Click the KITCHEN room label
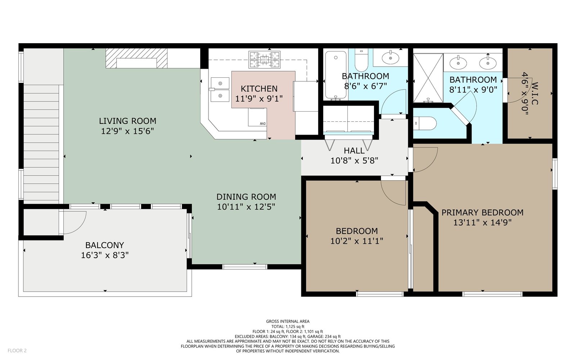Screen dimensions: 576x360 click(x=259, y=89)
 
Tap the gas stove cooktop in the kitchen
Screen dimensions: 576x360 click(x=264, y=60)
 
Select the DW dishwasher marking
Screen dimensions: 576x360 click(x=262, y=124)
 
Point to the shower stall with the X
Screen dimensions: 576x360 click(x=428, y=78)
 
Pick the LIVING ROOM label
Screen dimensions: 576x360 click(x=128, y=121)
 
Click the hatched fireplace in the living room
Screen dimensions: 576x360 click(x=136, y=58)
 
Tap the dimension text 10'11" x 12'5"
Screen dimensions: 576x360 click(x=246, y=207)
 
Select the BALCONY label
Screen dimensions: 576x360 click(x=105, y=245)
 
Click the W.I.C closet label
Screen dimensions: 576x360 click(x=535, y=93)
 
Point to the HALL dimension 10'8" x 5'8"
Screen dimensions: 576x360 click(x=354, y=161)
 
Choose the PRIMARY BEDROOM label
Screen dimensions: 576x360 click(x=482, y=213)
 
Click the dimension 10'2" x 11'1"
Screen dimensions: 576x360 click(x=357, y=241)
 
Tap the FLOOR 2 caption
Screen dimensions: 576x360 click(x=17, y=351)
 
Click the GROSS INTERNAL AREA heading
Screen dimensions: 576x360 click(x=288, y=321)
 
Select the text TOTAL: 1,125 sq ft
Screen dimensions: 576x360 click(x=288, y=327)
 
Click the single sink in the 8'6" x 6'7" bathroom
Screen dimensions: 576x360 click(x=390, y=58)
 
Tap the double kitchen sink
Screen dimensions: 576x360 click(x=220, y=90)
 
